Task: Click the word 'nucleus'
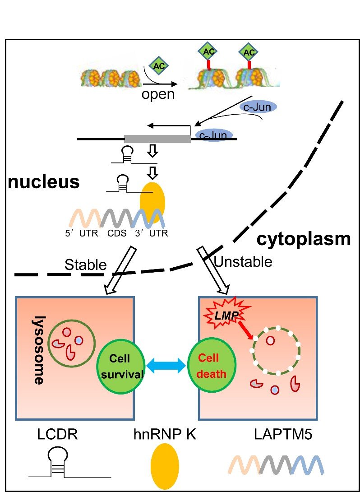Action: [x=43, y=182]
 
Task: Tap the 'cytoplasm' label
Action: [x=303, y=239]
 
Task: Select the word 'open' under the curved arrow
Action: [x=158, y=94]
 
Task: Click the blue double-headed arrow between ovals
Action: [x=166, y=364]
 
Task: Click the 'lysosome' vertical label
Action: [x=39, y=349]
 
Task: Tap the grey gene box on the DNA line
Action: [x=157, y=139]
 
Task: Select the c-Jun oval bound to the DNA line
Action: [x=213, y=135]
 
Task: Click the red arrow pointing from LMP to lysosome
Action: [x=246, y=330]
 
